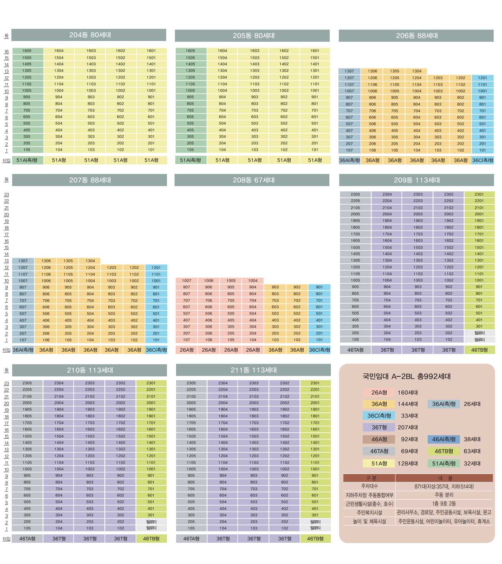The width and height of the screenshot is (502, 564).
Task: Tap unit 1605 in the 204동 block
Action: (x=27, y=51)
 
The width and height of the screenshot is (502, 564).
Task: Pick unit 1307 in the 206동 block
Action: (x=349, y=71)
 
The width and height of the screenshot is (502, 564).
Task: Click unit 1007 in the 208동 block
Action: (x=186, y=281)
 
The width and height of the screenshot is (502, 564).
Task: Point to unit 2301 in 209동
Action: (x=479, y=194)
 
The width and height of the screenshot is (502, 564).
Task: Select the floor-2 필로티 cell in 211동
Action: (x=315, y=521)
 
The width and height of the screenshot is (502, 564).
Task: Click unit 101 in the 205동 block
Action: (x=315, y=150)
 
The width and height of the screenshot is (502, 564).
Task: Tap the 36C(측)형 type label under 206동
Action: (x=483, y=160)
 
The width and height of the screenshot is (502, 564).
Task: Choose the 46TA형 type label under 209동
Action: (x=355, y=350)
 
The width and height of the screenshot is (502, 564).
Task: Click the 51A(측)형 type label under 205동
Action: (x=190, y=160)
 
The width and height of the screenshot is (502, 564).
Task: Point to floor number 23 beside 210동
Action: (x=6, y=384)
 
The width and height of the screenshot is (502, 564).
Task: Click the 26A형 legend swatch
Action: (x=379, y=392)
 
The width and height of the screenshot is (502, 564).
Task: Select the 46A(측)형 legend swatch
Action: (x=444, y=439)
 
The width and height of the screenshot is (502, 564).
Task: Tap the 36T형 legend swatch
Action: (x=379, y=427)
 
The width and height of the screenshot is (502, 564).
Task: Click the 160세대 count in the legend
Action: (x=408, y=392)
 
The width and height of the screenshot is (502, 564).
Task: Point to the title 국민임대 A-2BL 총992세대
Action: (x=406, y=376)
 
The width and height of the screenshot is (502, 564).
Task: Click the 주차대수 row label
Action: (x=369, y=486)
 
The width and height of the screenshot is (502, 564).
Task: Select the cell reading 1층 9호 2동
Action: (x=444, y=504)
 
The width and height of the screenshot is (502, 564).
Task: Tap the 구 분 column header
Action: (x=369, y=478)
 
